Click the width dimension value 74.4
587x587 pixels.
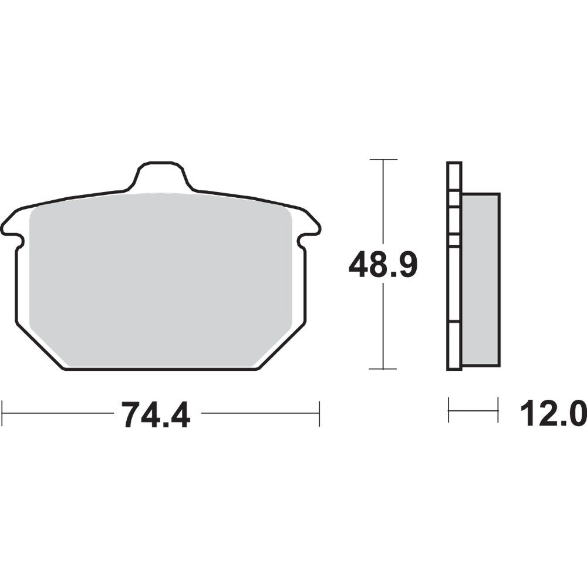pos(156,414)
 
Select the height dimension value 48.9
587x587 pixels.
pos(383,265)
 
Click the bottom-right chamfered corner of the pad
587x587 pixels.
pos(282,346)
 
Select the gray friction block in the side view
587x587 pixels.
pos(480,279)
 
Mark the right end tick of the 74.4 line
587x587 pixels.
pos(319,413)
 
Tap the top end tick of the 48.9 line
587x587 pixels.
pos(383,160)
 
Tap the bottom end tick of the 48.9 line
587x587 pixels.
pos(383,369)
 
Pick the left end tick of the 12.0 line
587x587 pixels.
pos(449,409)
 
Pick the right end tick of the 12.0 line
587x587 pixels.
pos(498,409)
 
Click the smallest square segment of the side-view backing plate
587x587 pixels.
pos(454,239)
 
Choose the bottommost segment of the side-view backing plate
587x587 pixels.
pos(454,346)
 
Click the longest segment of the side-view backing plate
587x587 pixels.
pos(454,284)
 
